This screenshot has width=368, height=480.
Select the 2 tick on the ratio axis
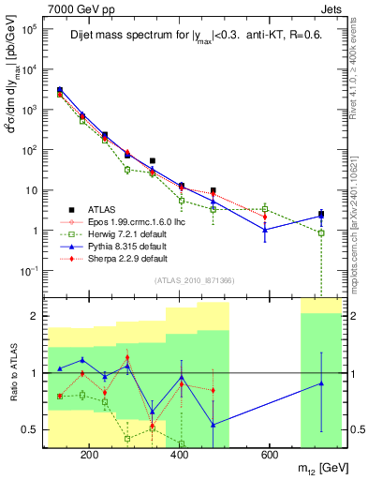point(34,316)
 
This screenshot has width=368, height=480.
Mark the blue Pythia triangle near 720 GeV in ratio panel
point(321,383)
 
